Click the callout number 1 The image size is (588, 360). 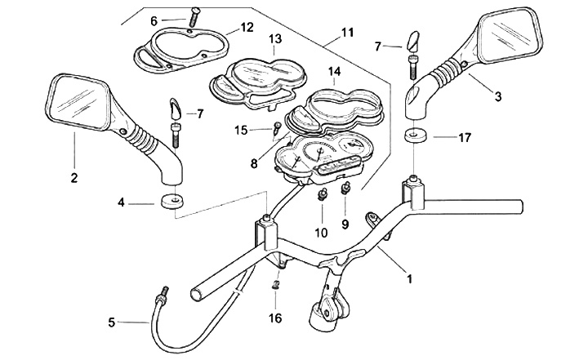pos(409,278)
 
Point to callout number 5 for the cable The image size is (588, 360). pos(111,322)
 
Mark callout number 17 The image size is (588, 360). pos(464,138)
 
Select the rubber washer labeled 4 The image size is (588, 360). pos(170,202)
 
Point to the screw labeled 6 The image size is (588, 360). pos(194,16)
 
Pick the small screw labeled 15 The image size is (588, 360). pos(278,126)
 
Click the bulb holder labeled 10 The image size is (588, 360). pos(323,195)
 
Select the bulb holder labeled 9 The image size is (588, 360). pos(345,189)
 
